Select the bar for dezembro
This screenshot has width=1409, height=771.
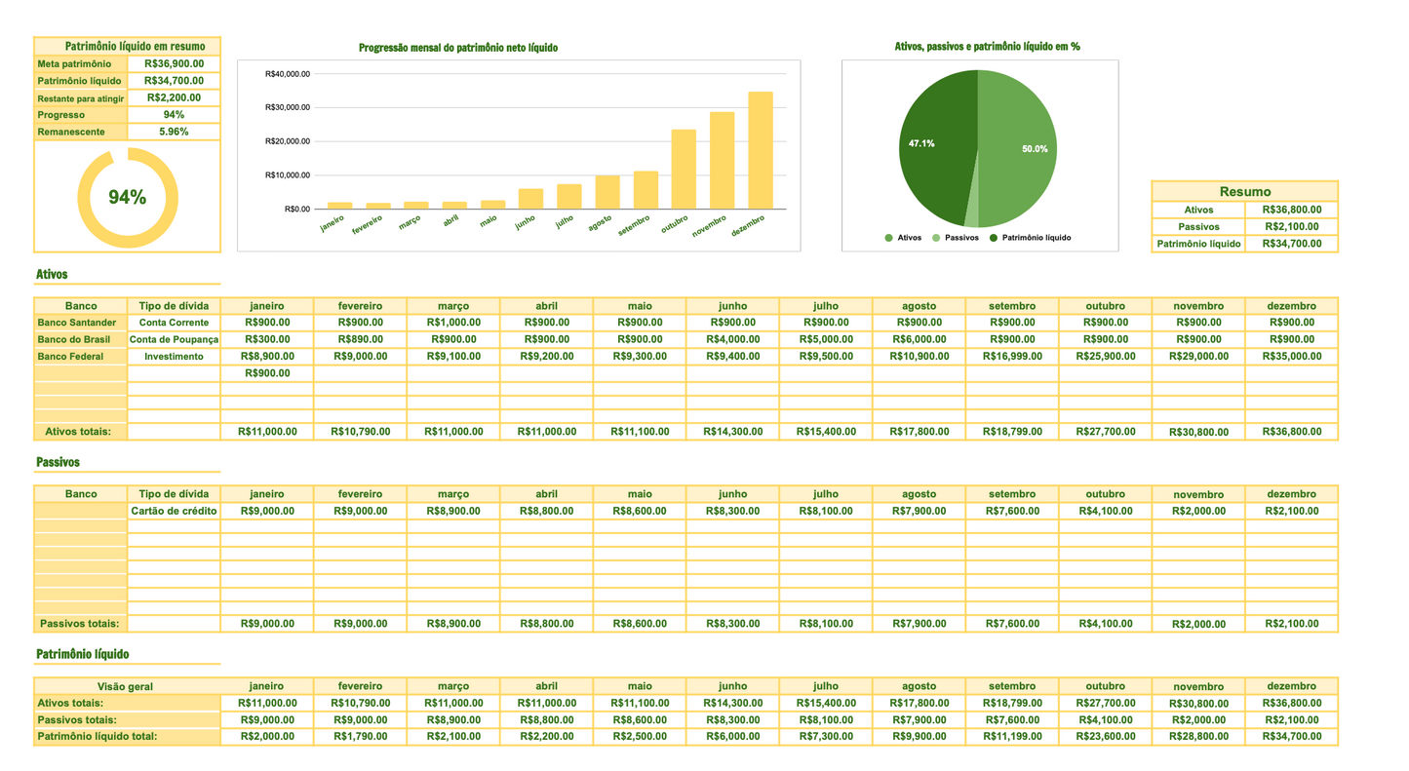[x=761, y=150]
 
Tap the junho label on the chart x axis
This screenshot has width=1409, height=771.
[x=526, y=220]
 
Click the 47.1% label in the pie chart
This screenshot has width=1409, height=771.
[x=921, y=143]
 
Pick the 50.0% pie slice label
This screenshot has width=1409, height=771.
[x=1035, y=149]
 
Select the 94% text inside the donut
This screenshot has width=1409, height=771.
[x=127, y=198]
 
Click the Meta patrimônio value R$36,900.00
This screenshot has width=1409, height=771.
[x=174, y=63]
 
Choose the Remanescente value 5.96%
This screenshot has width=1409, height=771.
[x=174, y=132]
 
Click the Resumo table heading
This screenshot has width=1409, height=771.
[x=1244, y=191]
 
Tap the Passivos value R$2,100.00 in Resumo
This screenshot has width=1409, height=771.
[x=1291, y=226]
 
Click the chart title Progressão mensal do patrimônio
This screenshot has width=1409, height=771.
[x=458, y=48]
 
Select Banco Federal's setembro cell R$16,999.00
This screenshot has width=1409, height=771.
[x=1011, y=357]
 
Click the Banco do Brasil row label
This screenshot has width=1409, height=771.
[x=76, y=339]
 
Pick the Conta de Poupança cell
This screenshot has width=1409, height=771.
[x=174, y=339]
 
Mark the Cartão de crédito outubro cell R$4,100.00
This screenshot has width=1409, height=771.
[x=1105, y=511]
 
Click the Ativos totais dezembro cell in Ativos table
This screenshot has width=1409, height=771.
[x=1291, y=432]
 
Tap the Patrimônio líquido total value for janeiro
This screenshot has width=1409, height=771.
[x=267, y=737]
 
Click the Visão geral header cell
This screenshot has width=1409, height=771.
[x=127, y=686]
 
